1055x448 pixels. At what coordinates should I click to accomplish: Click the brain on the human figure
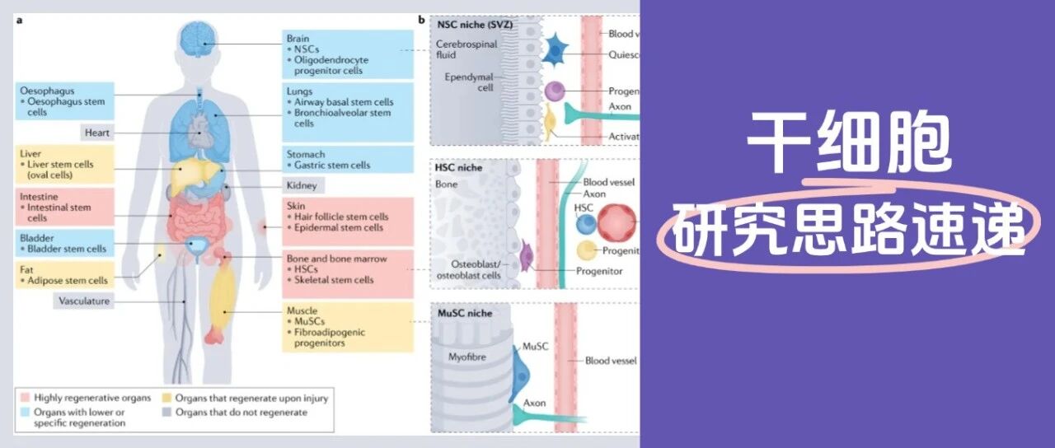[x=199, y=37]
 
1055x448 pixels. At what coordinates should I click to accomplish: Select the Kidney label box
[x=301, y=185]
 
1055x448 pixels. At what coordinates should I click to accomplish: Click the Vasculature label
[x=84, y=301]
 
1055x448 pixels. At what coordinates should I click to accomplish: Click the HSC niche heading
[x=459, y=167]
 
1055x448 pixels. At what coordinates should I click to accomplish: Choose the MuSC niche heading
[x=463, y=313]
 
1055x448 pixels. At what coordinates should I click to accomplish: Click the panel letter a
[x=19, y=19]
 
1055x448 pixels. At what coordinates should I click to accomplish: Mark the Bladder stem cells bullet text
[x=67, y=249]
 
